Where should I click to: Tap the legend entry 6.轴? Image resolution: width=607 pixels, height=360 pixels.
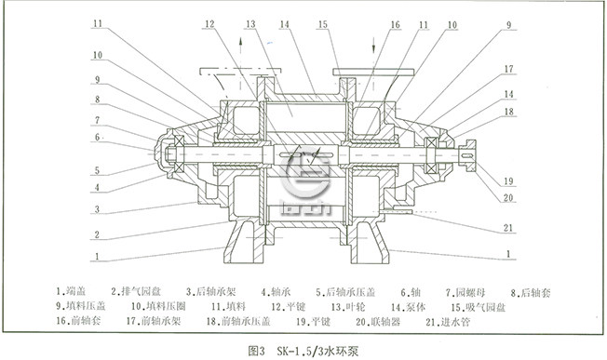tap(409, 290)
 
